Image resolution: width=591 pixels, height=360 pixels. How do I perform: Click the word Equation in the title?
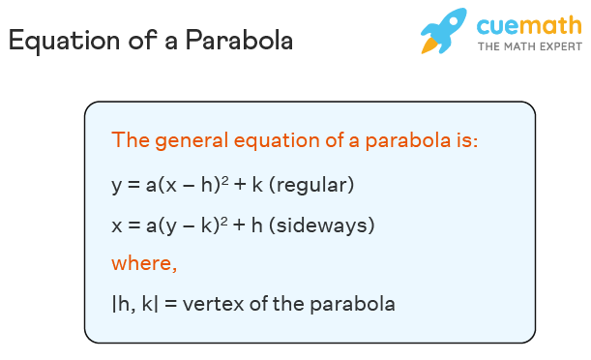(x=64, y=41)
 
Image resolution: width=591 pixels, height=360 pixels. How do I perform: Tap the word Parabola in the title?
(x=239, y=40)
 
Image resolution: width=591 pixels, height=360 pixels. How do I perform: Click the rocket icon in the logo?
(x=444, y=31)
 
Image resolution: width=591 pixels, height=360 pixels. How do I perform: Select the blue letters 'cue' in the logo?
(x=498, y=26)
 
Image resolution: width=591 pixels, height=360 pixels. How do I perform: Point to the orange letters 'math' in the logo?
(x=551, y=25)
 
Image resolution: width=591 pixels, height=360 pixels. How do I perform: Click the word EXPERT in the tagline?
(x=560, y=46)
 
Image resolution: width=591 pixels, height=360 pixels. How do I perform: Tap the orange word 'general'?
(x=192, y=141)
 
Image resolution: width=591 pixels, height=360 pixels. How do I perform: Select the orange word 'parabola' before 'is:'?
(x=408, y=141)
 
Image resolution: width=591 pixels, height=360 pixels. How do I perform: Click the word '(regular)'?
(x=311, y=185)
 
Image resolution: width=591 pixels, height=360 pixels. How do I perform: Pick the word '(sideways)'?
(x=321, y=225)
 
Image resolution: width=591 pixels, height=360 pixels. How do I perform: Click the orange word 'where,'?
(x=144, y=263)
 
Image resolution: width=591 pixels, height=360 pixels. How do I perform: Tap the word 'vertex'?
(x=214, y=304)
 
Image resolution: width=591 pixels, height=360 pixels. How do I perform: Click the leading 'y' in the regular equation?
(x=117, y=187)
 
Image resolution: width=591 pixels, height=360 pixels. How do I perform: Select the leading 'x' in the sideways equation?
(x=117, y=225)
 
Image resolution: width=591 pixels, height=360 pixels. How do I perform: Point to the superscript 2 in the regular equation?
(x=224, y=181)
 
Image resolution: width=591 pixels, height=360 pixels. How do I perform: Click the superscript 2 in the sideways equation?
(x=223, y=222)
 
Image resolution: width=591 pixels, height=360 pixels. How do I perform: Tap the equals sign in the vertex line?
(x=170, y=304)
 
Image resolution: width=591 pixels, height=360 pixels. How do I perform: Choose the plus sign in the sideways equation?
(x=239, y=225)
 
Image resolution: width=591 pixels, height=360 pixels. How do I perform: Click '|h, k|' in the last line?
(x=135, y=304)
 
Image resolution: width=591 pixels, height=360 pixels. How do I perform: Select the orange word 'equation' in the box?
(x=277, y=141)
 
